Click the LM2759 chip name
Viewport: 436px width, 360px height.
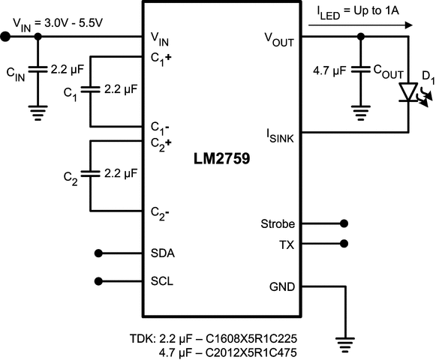[223, 160]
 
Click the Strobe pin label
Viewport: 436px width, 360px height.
[277, 223]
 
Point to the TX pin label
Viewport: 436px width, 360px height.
[287, 244]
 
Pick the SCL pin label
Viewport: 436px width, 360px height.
[162, 281]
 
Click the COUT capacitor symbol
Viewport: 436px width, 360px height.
[362, 71]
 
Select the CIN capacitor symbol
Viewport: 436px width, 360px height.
[38, 71]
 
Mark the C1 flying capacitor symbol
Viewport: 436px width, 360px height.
[89, 90]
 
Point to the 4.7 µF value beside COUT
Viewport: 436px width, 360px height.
[329, 71]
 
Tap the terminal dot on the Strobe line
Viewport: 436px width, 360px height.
[344, 223]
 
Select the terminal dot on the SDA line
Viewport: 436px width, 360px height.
[99, 253]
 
